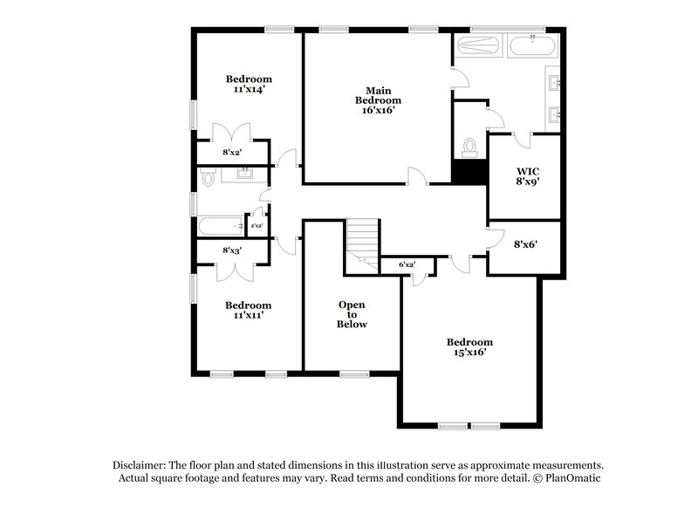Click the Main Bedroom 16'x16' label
click(x=377, y=100)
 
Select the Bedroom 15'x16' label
click(x=469, y=347)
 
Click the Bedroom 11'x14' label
click(x=248, y=83)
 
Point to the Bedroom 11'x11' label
click(x=248, y=310)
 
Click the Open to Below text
click(x=352, y=314)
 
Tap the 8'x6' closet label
click(x=523, y=245)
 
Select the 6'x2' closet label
click(x=407, y=264)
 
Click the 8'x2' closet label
click(x=232, y=153)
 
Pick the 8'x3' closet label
click(x=232, y=251)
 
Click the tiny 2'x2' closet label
click(x=257, y=227)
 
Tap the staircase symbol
click(x=361, y=240)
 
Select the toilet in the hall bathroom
click(x=207, y=178)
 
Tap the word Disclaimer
click(x=140, y=465)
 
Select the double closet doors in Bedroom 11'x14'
click(x=232, y=133)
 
